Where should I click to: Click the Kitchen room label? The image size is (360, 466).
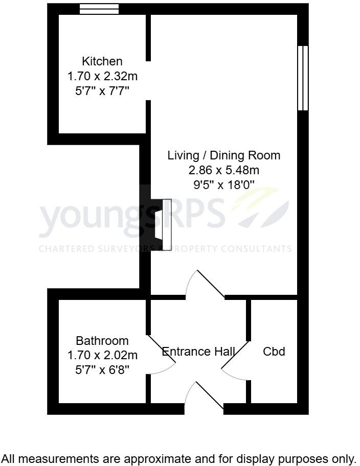point(102,61)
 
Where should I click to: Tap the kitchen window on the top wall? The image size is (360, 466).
point(99,9)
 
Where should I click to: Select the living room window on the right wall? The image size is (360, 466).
point(303,78)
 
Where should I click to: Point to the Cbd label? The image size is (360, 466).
point(274,352)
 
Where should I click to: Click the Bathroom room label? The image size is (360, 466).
point(102,341)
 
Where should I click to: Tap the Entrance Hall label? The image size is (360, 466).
point(198,352)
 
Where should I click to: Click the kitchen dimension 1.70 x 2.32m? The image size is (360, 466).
point(102,77)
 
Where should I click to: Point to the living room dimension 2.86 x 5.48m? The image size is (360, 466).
point(224,170)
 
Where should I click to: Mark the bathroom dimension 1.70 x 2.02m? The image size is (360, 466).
point(102,355)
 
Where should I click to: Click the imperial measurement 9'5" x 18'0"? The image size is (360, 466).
point(224,185)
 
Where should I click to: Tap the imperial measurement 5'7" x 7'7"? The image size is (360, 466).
point(102,91)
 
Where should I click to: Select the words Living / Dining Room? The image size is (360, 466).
point(224,155)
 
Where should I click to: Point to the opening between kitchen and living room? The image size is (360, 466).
point(148,81)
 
